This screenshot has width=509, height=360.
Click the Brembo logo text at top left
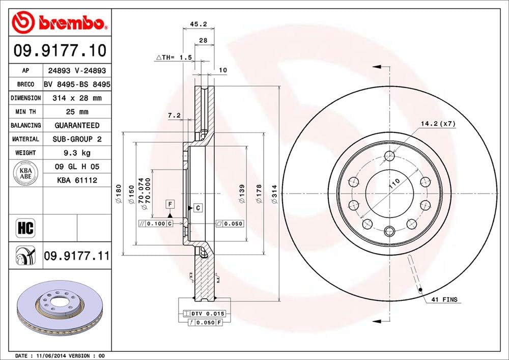(69, 23)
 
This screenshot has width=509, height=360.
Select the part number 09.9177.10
(60, 51)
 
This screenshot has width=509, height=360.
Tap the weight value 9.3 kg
(77, 153)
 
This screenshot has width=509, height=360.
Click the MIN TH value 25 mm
(77, 112)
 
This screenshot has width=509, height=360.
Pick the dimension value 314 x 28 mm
(77, 98)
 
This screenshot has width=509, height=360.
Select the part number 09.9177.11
(77, 255)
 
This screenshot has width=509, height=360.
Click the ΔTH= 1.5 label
(174, 58)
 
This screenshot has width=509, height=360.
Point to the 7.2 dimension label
(174, 116)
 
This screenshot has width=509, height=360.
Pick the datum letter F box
(171, 205)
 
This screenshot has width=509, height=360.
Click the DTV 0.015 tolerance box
(206, 314)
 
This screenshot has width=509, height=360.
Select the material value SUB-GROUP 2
(77, 139)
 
